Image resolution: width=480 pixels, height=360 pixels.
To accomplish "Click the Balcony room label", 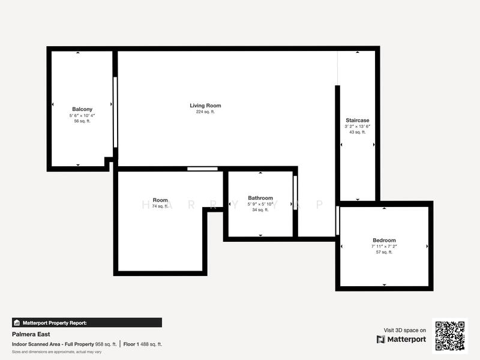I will point(82,109).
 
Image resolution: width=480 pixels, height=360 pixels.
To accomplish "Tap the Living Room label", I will point(205,106).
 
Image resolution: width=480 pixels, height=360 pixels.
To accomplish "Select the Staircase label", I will point(357,120).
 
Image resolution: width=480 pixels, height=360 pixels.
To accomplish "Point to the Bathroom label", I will point(260,198).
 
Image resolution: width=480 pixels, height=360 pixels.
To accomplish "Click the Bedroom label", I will point(384,240).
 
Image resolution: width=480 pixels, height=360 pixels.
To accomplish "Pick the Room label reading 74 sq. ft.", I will point(160,200).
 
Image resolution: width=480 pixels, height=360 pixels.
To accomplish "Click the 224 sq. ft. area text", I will point(205,112).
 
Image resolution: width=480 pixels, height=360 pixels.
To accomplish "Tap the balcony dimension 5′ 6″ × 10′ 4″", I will point(82,115).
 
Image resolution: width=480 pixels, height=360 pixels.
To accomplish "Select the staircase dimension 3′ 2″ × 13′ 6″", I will point(357,126).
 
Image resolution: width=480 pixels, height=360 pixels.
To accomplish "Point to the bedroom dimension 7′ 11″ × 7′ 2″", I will point(384,246).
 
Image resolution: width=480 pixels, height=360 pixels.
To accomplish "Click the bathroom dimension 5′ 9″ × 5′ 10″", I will point(260,204).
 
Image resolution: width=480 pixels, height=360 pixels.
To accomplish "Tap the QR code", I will point(450,336).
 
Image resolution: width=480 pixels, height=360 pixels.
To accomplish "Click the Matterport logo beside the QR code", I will point(401,339).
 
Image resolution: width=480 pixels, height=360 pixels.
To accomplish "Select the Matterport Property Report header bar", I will point(87,323).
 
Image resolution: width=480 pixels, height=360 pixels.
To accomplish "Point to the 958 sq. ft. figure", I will point(106,344).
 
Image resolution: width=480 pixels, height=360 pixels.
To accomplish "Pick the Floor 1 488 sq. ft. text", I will point(143,344).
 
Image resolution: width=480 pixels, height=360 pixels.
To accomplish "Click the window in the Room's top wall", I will point(202,169).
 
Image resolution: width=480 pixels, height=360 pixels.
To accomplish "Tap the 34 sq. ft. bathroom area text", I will point(260,210).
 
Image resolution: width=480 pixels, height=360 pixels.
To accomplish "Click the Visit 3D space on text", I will point(405,330).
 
